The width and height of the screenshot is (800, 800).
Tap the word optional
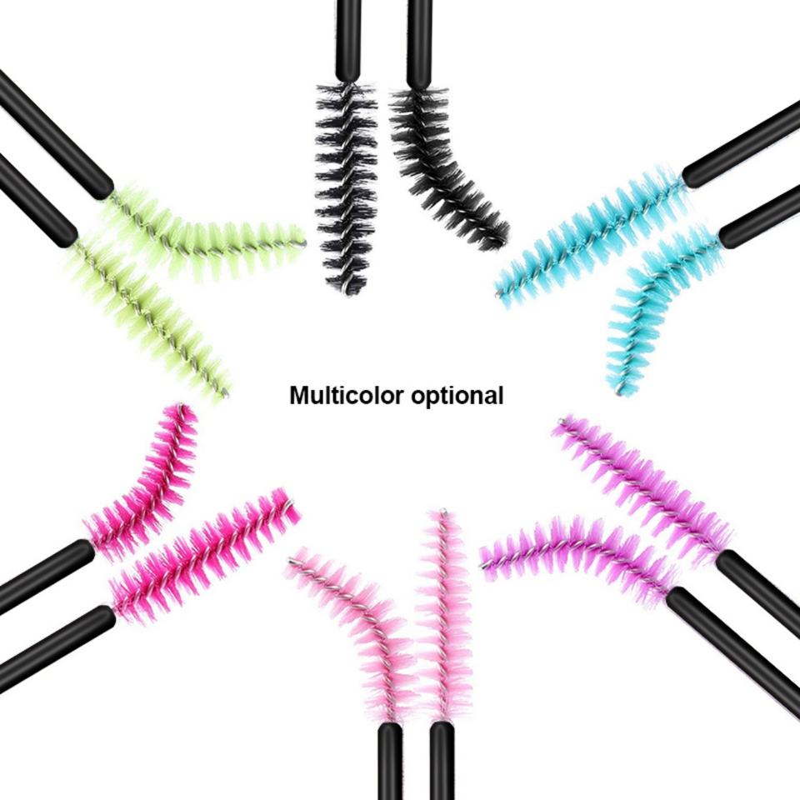click(x=457, y=396)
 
